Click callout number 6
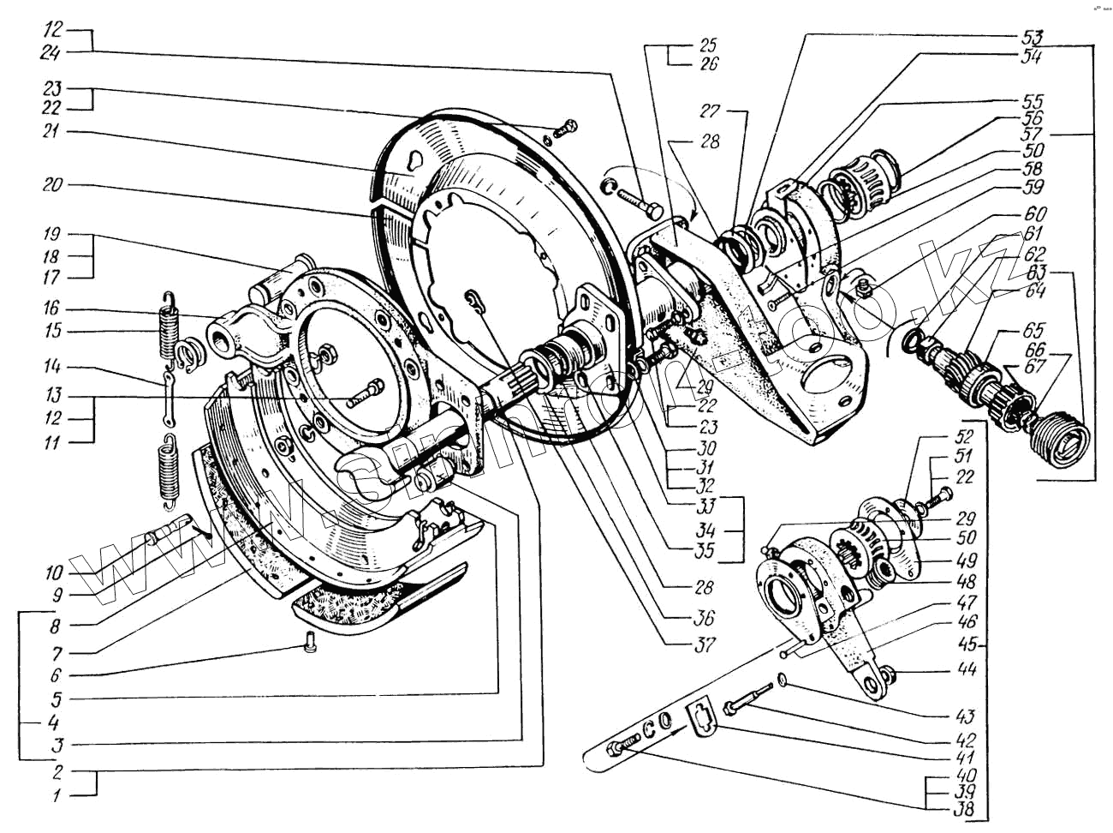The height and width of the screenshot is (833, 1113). point(54,675)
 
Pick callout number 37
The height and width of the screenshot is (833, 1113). point(704,644)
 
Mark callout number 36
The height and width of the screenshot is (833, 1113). point(704,618)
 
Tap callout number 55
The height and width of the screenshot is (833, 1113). point(1033,102)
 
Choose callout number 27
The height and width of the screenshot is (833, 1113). point(710,111)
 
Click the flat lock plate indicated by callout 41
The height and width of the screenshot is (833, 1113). point(701,716)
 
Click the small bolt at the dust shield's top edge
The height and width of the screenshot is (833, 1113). point(565,129)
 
